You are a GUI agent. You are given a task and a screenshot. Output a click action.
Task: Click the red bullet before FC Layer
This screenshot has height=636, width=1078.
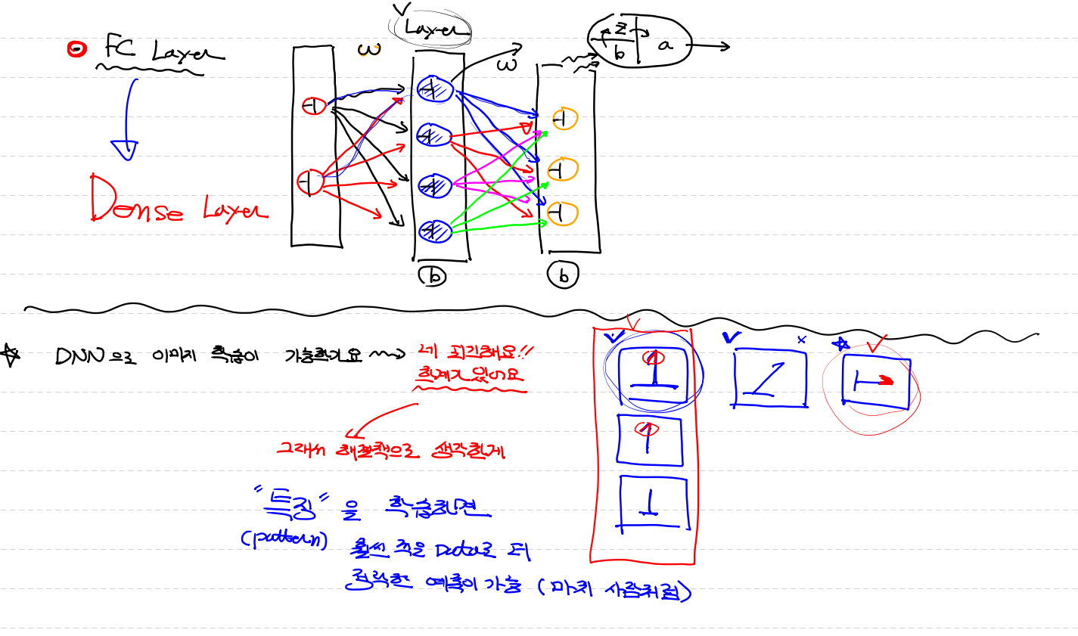click(x=76, y=49)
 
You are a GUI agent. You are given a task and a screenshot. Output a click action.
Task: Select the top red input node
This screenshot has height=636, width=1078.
click(x=313, y=106)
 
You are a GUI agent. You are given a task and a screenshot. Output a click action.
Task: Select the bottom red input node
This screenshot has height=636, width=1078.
click(x=309, y=182)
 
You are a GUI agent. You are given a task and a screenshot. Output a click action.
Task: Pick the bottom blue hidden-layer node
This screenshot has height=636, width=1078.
click(x=435, y=230)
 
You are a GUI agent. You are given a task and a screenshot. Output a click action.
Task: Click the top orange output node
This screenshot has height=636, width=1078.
click(x=564, y=119)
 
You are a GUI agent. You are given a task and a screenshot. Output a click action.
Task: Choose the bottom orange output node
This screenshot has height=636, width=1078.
click(x=562, y=214)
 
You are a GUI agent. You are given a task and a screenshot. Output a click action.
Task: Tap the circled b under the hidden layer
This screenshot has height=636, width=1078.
click(x=433, y=277)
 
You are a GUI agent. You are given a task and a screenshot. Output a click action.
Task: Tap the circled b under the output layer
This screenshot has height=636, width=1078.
click(x=563, y=276)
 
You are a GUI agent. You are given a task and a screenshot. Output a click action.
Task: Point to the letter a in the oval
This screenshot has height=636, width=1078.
click(x=665, y=45)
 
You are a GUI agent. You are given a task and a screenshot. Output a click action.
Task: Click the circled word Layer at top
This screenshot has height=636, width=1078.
click(x=430, y=29)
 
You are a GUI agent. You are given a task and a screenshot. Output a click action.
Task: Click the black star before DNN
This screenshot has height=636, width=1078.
click(x=11, y=355)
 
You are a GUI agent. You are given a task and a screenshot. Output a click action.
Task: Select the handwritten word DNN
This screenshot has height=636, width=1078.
click(x=79, y=356)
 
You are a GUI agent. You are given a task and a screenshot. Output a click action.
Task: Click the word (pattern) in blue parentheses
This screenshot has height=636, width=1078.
click(x=284, y=539)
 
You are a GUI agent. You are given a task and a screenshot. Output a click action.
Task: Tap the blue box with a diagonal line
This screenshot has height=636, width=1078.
click(x=769, y=378)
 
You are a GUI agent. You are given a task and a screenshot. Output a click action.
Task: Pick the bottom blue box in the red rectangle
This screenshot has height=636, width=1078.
click(x=654, y=504)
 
